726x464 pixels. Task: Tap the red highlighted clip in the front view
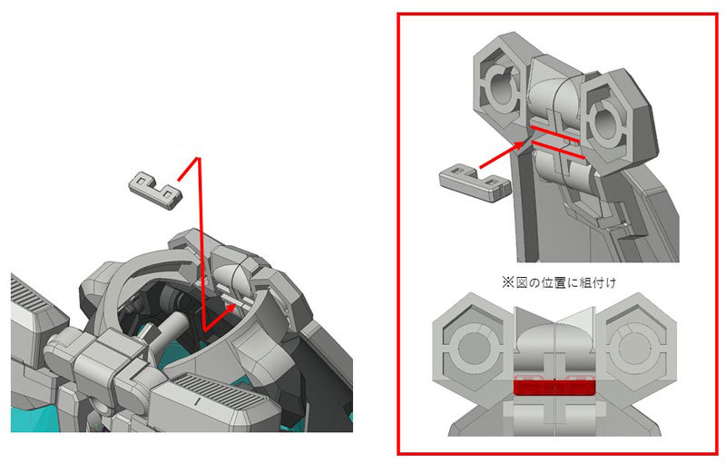554,387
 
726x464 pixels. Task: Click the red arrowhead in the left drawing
229,310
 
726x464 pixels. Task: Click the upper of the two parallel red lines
555,133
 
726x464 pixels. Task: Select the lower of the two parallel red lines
560,150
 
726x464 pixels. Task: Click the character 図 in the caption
522,282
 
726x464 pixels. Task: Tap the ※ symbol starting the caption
508,282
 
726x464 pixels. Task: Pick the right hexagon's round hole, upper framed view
603,123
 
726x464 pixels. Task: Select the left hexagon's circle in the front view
473,346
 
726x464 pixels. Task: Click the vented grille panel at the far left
29,299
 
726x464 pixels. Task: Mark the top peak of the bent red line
199,158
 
